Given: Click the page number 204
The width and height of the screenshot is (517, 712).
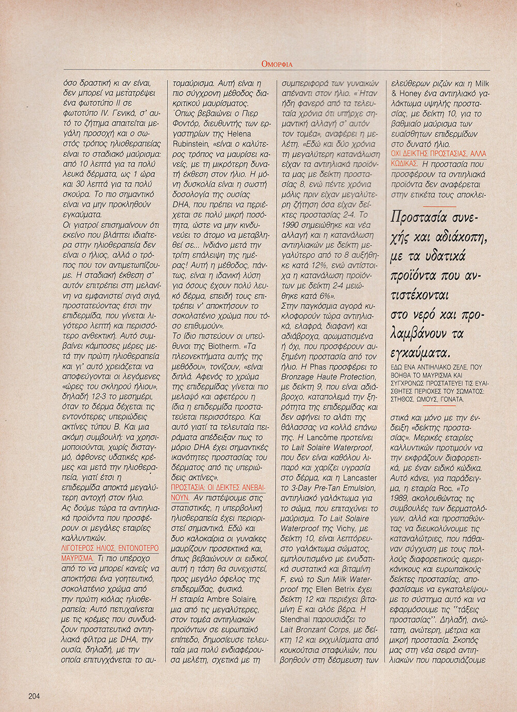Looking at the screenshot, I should pos(34,696).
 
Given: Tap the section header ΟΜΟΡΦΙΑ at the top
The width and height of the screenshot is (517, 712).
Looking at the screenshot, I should pos(277,64).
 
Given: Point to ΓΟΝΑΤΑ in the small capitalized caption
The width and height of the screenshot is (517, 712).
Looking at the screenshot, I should pos(449,399).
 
